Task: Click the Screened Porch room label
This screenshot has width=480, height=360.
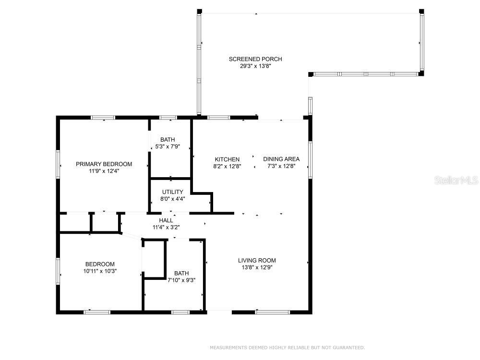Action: [255, 59]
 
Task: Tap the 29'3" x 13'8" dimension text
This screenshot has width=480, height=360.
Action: [255, 66]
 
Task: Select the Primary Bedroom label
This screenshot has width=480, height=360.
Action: [104, 164]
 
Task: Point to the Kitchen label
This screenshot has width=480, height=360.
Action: [227, 159]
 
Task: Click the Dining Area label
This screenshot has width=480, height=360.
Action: [281, 159]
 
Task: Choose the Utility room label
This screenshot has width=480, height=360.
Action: [173, 192]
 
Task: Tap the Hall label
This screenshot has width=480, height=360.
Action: [166, 220]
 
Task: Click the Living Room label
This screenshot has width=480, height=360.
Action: [257, 261]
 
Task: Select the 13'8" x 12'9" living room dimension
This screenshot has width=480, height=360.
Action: [257, 267]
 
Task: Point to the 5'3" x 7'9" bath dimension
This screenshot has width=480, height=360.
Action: [168, 146]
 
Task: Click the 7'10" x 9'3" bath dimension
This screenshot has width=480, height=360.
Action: [181, 280]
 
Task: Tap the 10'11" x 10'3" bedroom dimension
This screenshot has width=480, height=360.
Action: [100, 271]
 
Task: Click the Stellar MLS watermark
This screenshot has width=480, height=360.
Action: [456, 180]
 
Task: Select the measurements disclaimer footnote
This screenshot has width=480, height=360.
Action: [287, 348]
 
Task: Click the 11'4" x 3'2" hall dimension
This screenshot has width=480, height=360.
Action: [166, 228]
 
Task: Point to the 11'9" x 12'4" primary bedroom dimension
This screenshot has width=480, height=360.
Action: [104, 171]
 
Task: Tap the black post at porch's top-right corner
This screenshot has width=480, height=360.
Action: [421, 12]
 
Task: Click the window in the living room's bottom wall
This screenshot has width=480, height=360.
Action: [273, 312]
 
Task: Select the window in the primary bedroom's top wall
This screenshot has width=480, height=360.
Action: [103, 118]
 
